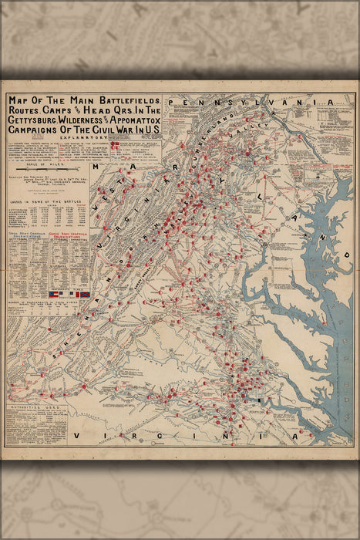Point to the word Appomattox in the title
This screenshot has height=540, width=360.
pos(141,122)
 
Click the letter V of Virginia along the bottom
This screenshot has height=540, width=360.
pos(77,437)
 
